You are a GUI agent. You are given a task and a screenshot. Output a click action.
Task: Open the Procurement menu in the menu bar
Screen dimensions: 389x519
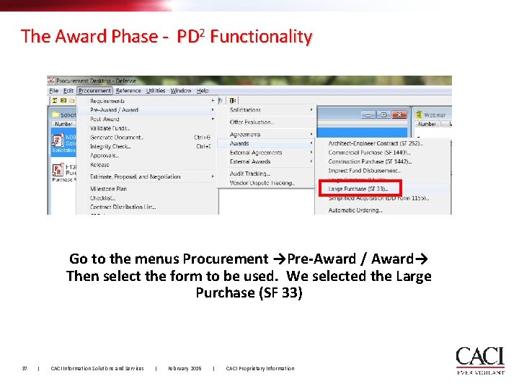coord(94,91)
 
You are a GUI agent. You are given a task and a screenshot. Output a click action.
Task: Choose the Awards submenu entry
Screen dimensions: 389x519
coord(239,143)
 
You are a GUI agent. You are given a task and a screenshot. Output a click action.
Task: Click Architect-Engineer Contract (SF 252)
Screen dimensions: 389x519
coord(375,143)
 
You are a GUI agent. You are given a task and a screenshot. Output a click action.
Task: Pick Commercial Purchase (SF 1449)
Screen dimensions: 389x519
coord(374,153)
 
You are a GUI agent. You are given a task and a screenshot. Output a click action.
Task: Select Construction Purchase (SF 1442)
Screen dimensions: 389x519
coord(376,161)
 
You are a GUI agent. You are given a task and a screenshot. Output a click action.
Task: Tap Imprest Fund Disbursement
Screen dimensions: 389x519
coord(364,171)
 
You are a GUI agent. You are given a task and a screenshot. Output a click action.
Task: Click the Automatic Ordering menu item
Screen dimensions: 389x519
coord(356,210)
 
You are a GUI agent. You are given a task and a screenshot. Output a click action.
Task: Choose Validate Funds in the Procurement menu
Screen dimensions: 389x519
coord(110,128)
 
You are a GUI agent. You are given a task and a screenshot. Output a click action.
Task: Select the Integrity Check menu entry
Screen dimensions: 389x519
coord(112,146)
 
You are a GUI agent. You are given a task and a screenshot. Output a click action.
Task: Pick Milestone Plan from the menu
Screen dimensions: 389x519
coord(108,189)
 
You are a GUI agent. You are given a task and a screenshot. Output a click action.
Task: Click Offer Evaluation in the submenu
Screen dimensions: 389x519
coord(252,122)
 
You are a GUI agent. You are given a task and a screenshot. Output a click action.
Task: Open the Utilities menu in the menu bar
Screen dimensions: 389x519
coord(156,91)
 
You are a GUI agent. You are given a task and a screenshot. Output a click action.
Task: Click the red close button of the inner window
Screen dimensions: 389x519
coord(400,115)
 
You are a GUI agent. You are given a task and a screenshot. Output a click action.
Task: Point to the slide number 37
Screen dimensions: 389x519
coord(25,369)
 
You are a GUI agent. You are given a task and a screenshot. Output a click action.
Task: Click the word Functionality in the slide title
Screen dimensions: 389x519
coord(261,37)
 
